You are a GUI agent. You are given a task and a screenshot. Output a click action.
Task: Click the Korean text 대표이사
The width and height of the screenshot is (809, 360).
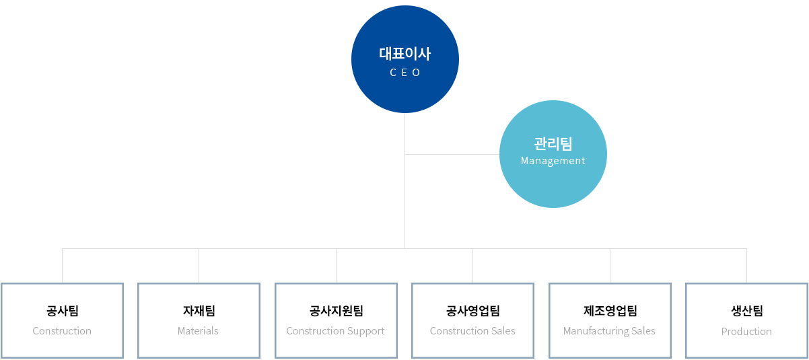click(404, 54)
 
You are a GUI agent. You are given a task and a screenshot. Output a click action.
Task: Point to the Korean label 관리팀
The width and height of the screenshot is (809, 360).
click(553, 143)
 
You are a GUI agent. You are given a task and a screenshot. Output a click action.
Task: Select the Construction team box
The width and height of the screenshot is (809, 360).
click(62, 320)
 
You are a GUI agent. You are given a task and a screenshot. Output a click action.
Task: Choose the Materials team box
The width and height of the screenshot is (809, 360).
click(199, 320)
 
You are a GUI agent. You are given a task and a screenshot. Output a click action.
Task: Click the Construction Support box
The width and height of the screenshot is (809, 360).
click(336, 320)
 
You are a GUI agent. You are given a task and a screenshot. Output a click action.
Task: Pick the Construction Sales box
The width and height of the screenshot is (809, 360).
click(472, 320)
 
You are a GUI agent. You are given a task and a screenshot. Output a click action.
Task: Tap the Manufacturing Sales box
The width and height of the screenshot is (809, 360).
click(610, 320)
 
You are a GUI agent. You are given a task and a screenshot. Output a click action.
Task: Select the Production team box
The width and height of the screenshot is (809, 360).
click(746, 320)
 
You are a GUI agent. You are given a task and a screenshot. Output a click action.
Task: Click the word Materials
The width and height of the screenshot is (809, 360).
click(198, 331)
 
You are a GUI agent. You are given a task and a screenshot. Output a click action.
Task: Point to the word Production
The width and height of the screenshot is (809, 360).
click(746, 332)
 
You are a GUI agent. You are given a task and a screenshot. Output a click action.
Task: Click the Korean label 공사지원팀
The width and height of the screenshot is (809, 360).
click(336, 311)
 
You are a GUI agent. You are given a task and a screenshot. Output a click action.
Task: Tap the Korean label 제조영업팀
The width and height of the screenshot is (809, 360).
click(610, 311)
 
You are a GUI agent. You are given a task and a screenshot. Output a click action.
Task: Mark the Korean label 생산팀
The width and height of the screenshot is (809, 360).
click(746, 311)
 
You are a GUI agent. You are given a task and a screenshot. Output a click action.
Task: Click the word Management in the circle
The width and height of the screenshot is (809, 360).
click(553, 161)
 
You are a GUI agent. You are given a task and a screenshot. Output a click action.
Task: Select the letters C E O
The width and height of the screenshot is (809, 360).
click(404, 73)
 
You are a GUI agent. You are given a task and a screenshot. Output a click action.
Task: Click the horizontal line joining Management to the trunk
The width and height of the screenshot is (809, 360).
click(452, 154)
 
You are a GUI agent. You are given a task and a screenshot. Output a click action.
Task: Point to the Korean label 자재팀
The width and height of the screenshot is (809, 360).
click(199, 311)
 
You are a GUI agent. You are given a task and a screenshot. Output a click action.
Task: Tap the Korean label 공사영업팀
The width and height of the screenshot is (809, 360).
click(472, 311)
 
